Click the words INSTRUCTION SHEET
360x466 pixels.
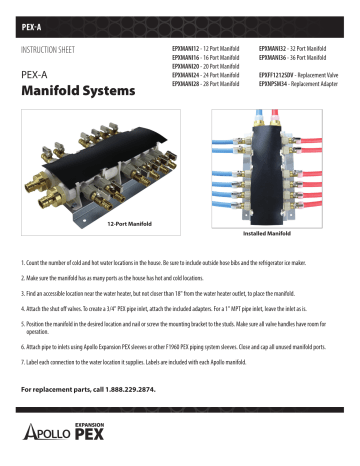pos(52,47)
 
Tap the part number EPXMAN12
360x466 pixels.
pos(186,47)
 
